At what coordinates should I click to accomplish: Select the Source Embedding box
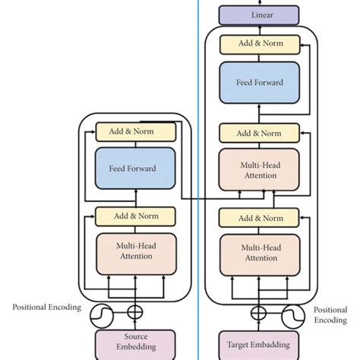(x=136, y=341)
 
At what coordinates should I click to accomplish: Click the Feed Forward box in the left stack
(x=136, y=168)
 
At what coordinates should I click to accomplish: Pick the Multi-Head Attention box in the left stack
(x=136, y=251)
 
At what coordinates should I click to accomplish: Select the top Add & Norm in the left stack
(x=136, y=131)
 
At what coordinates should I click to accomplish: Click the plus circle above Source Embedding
(x=136, y=311)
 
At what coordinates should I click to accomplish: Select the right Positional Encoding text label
(x=331, y=315)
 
